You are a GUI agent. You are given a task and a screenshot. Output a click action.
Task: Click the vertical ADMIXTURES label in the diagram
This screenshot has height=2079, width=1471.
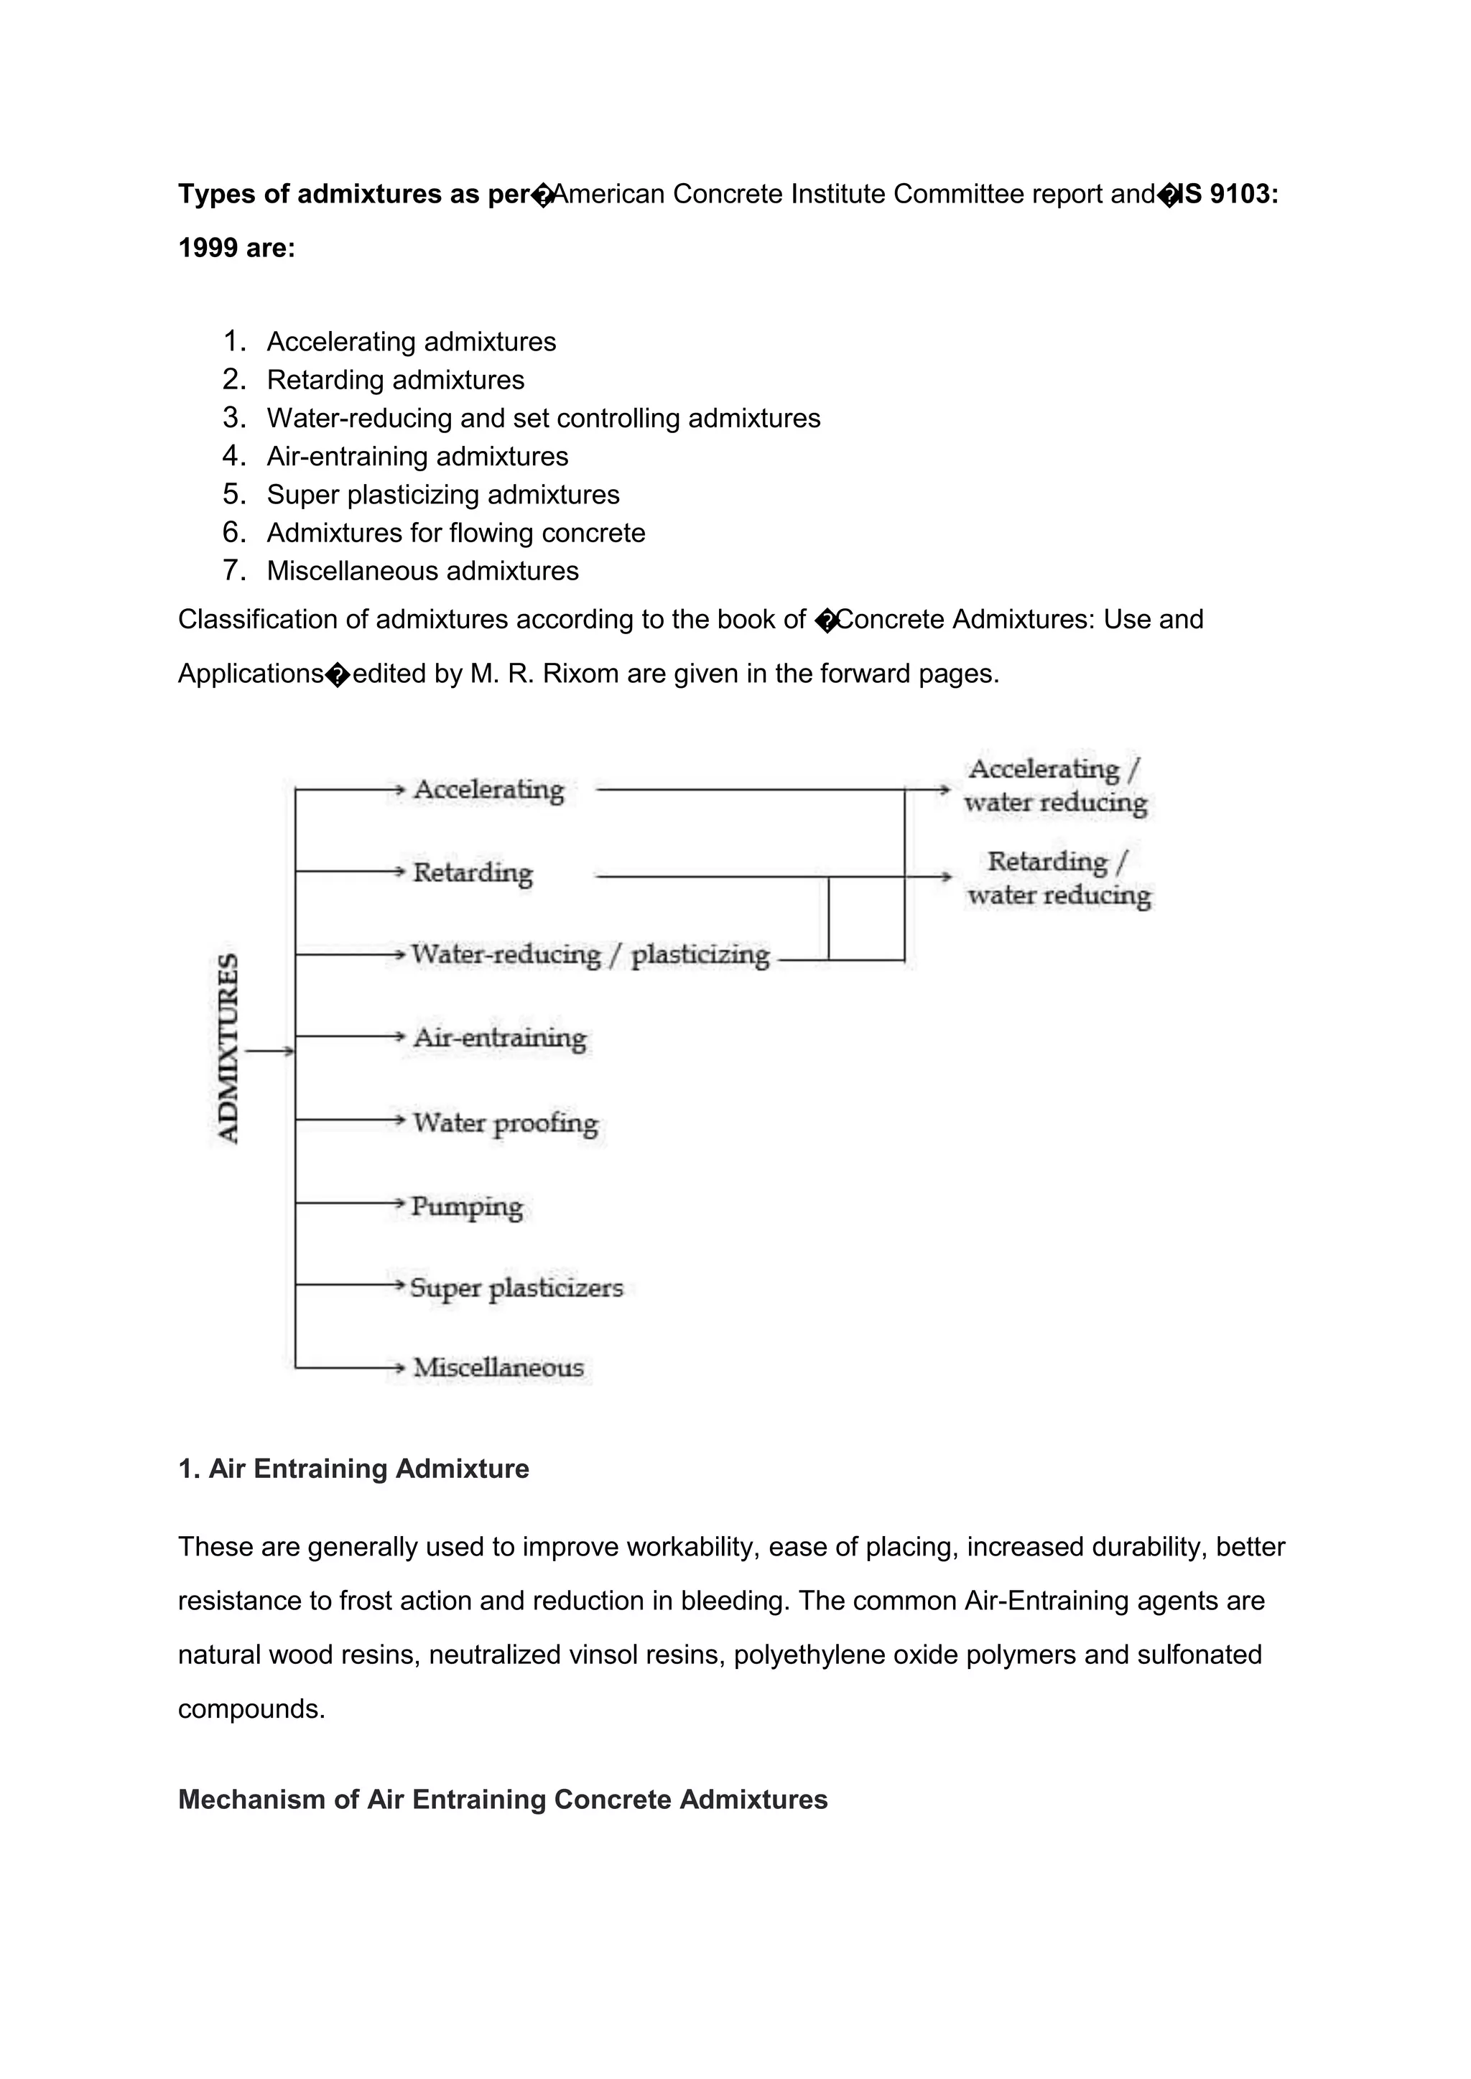229,1048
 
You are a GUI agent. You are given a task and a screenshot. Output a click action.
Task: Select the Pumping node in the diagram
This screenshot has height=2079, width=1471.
466,1206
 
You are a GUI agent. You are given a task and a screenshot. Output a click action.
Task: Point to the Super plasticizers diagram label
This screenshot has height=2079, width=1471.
516,1288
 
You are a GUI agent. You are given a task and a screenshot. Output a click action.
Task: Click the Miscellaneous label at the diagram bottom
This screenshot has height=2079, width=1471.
498,1367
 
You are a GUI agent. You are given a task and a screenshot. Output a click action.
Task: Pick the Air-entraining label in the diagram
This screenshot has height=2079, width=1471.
500,1038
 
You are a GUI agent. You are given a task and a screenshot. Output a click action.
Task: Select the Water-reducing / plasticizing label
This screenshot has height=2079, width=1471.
590,954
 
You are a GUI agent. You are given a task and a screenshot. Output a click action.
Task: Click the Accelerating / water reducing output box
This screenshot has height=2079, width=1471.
1055,785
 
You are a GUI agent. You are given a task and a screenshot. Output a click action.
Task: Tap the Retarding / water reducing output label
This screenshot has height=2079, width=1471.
1058,878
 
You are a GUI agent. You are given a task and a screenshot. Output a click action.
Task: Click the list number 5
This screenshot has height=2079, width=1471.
233,494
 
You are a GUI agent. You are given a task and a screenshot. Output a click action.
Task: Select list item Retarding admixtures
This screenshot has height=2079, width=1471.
396,381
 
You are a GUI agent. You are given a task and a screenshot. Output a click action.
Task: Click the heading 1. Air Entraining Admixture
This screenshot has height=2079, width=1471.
353,1469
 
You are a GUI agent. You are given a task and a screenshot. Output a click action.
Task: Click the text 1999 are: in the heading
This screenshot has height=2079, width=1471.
236,248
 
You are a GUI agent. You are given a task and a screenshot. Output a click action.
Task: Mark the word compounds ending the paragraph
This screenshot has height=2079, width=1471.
250,1710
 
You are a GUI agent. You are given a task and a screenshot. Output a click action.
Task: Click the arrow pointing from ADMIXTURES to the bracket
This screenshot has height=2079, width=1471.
269,1051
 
